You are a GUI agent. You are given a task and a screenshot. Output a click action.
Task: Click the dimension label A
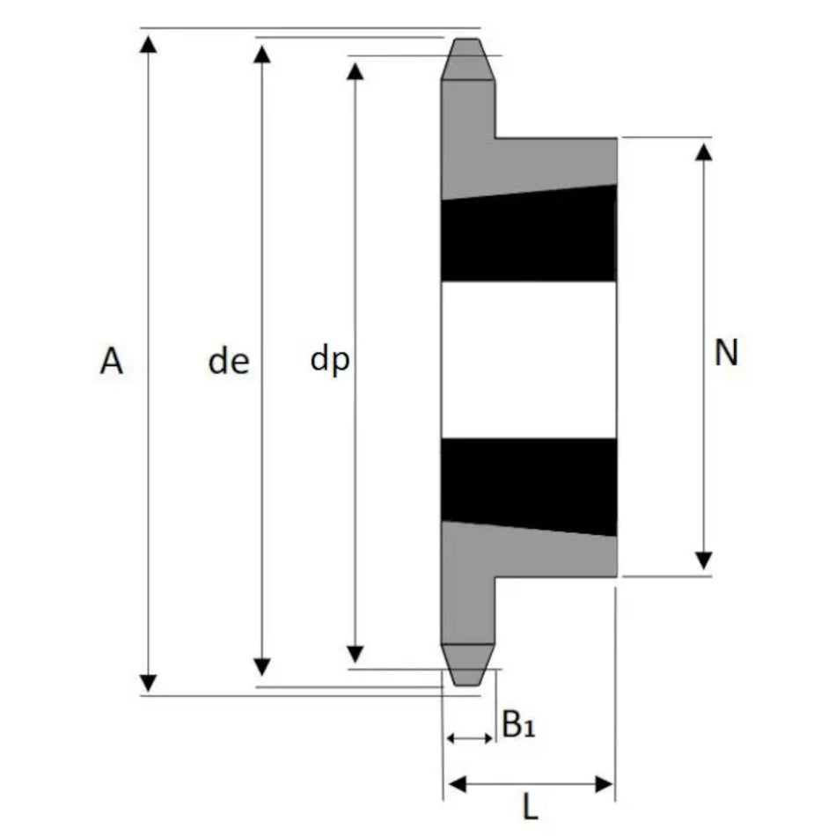pos(112,361)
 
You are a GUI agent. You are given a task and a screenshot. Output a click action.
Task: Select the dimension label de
pos(229,361)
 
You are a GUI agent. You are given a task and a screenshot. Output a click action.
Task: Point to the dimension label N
pos(726,352)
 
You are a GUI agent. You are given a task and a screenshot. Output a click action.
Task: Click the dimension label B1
pos(518,724)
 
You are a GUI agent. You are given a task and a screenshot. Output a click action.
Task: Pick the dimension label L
pos(530,807)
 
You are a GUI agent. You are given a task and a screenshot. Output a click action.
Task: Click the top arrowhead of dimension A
pos(148,44)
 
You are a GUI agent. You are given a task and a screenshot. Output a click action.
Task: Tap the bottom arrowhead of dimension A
pos(148,684)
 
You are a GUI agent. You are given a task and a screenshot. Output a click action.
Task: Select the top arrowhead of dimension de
pos(261,55)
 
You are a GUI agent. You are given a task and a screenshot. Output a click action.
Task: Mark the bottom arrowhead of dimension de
pos(261,667)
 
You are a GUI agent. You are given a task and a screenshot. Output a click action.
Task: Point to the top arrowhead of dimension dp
pos(356,71)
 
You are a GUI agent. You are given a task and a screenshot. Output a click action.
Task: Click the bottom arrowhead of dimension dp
pos(356,654)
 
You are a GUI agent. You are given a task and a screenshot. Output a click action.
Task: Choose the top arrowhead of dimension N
pos(704,152)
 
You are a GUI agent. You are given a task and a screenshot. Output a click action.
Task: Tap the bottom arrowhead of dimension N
pos(704,561)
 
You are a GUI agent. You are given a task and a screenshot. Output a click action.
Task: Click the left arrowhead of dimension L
pos(458,784)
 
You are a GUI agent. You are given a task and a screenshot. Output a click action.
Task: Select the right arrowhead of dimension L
pos(604,784)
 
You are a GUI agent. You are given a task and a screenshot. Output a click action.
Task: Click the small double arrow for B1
pos(469,738)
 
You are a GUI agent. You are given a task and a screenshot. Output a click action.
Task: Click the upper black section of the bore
pos(529,235)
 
